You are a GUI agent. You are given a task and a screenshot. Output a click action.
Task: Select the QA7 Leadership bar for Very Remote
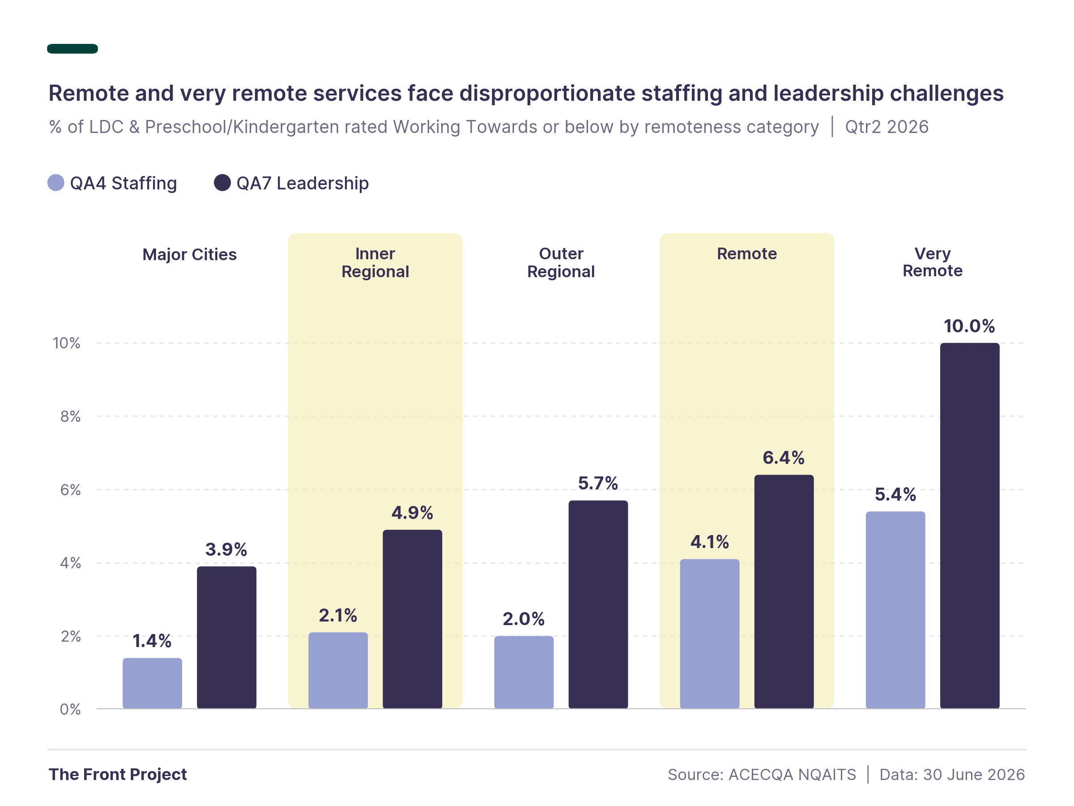click(x=969, y=526)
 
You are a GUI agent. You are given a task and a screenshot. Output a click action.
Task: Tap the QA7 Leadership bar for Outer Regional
click(x=598, y=604)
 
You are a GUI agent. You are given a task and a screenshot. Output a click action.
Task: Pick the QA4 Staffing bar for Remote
click(x=709, y=634)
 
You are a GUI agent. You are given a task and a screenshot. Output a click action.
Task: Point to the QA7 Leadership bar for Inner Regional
click(x=412, y=619)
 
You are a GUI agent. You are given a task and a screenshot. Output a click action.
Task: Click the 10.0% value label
click(x=969, y=326)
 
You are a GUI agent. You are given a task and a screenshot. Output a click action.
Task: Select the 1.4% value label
click(x=152, y=641)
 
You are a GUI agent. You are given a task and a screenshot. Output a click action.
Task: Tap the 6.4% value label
click(x=784, y=458)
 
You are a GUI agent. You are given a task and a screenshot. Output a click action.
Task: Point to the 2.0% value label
click(x=524, y=619)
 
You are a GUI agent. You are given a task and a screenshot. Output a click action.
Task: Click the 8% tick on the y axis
click(x=70, y=416)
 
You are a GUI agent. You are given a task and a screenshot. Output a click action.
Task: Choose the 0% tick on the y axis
click(x=70, y=709)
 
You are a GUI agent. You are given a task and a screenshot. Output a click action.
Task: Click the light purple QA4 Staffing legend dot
click(x=56, y=183)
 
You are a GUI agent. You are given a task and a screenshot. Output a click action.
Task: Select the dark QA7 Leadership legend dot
click(x=222, y=183)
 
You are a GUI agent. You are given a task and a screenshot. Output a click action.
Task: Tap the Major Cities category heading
click(x=189, y=255)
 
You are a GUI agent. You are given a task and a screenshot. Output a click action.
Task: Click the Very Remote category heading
click(x=932, y=262)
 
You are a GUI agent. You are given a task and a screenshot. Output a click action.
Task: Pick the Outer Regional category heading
click(x=561, y=262)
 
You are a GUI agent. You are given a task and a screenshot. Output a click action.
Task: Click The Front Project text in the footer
click(x=118, y=774)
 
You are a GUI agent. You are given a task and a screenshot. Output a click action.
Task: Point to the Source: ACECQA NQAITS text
click(x=762, y=774)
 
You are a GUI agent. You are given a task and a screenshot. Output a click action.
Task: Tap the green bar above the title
click(x=72, y=48)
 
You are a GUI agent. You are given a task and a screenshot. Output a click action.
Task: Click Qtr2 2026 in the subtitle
click(x=886, y=127)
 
